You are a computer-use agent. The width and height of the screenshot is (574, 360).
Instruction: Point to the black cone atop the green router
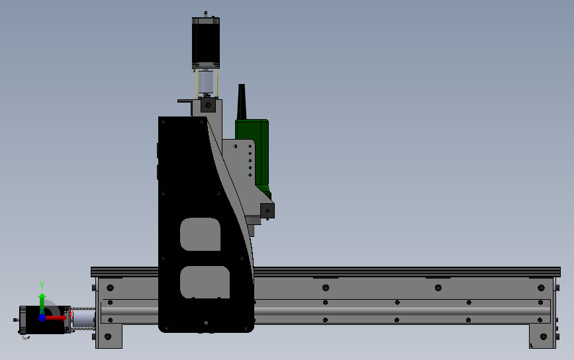click(241, 102)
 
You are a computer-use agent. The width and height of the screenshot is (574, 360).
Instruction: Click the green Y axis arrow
click(42, 303)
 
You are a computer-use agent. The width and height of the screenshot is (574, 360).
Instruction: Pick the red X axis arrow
click(56, 318)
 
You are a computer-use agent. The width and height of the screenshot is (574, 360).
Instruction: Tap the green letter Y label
click(42, 286)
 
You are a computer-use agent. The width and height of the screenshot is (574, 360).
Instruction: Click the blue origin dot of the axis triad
click(42, 318)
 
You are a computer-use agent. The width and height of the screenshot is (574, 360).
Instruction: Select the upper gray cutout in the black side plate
click(200, 234)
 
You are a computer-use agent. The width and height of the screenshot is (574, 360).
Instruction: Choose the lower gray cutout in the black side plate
click(205, 282)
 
